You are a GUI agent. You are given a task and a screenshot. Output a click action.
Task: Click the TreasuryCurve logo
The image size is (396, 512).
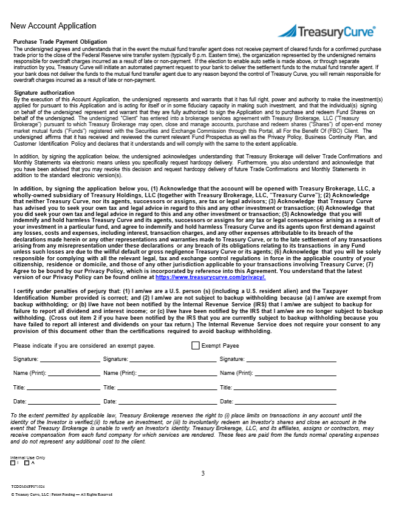(326, 32)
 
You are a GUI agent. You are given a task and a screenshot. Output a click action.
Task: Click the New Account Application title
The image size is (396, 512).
(53, 26)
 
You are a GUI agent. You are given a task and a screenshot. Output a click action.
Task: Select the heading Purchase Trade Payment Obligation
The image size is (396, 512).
(60, 41)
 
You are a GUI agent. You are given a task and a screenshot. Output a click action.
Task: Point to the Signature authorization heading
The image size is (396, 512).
(44, 92)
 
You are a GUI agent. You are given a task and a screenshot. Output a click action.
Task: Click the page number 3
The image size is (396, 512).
(203, 473)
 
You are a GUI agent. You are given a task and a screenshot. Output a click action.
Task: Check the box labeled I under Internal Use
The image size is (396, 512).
(13, 463)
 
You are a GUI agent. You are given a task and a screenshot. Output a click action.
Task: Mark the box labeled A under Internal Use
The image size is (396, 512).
(27, 463)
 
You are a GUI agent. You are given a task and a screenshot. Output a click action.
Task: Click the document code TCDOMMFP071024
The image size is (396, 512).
(28, 487)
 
